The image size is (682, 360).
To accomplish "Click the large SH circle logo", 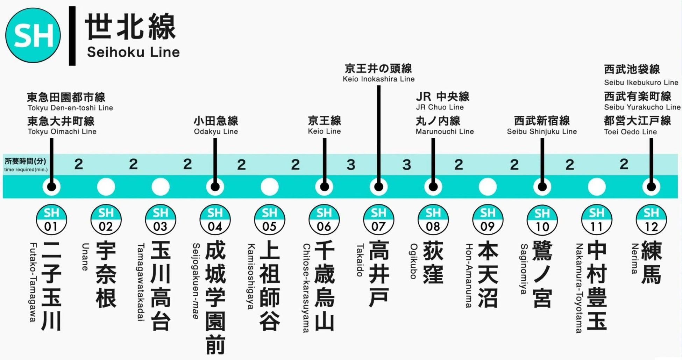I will pyautogui.click(x=33, y=36).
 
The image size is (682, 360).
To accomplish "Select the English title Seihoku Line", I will pyautogui.click(x=133, y=52).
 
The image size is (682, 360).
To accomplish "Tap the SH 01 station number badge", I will pyautogui.click(x=51, y=220).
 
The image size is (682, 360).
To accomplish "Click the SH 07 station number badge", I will pyautogui.click(x=378, y=220).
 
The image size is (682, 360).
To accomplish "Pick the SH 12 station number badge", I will pyautogui.click(x=651, y=220).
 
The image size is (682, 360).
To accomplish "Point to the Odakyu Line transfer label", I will pyautogui.click(x=216, y=131).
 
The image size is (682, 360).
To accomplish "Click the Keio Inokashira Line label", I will pyautogui.click(x=378, y=79).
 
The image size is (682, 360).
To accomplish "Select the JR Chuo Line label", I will pyautogui.click(x=440, y=107).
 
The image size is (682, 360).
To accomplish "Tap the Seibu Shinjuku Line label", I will pyautogui.click(x=542, y=131).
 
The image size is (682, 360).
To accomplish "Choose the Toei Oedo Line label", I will pyautogui.click(x=630, y=132).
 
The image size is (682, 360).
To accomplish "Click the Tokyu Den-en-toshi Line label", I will pyautogui.click(x=70, y=108).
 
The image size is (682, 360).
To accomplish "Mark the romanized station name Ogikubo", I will pyautogui.click(x=413, y=261).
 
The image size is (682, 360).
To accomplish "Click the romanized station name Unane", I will pyautogui.click(x=85, y=257).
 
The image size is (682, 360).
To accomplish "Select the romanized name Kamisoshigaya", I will pyautogui.click(x=251, y=276).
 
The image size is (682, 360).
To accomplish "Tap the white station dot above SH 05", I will pyautogui.click(x=269, y=187).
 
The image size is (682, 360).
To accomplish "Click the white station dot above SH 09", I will pyautogui.click(x=488, y=187).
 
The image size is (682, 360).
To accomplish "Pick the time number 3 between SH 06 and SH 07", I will pyautogui.click(x=351, y=165).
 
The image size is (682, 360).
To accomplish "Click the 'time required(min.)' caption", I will pyautogui.click(x=26, y=170).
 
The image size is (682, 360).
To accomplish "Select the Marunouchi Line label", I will pyautogui.click(x=445, y=131).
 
